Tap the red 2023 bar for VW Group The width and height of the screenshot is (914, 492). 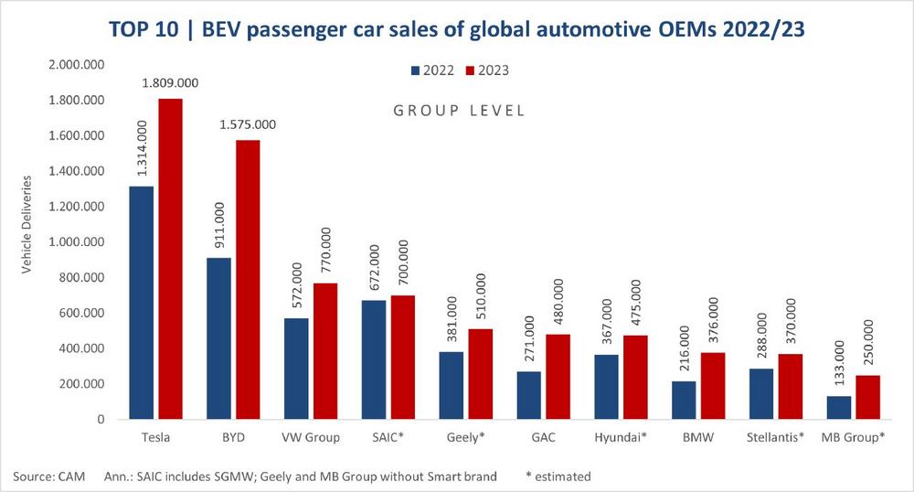(x=324, y=351)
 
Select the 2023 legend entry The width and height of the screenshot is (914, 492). (x=485, y=70)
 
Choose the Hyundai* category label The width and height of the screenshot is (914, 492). (x=620, y=437)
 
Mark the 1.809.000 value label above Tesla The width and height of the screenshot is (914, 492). (x=169, y=83)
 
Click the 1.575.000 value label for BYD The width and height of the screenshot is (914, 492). (x=246, y=124)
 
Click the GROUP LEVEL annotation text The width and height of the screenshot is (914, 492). (x=459, y=111)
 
